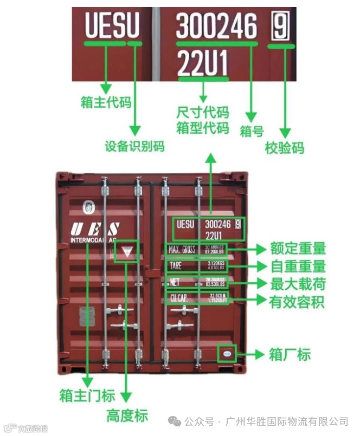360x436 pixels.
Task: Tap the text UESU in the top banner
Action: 112,26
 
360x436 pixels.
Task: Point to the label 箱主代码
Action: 106,102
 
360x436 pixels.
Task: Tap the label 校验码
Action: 284,148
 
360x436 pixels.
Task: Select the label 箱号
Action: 251,131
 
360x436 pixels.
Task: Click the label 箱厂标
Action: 290,355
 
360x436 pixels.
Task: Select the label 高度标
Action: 127,416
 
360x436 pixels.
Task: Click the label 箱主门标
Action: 87,395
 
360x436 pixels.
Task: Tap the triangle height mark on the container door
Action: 127,251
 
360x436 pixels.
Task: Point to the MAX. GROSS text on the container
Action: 182,250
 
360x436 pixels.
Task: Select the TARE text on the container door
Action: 176,265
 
